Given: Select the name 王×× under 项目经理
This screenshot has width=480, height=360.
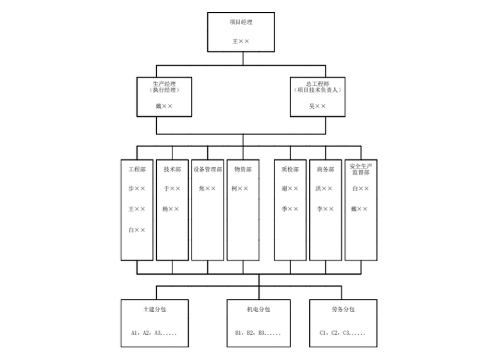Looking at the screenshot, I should click(241, 41).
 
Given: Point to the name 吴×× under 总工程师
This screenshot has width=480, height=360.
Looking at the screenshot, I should click(317, 106).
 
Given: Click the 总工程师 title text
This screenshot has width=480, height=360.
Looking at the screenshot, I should click(317, 83).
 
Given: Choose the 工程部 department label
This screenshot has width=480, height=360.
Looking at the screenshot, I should click(137, 169).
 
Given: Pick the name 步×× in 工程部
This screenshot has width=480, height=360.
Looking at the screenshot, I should click(137, 188).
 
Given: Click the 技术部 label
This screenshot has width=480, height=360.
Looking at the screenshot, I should click(172, 169).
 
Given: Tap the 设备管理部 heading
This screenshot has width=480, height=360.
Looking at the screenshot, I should click(208, 169).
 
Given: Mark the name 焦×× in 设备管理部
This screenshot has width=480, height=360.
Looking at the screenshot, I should click(207, 188).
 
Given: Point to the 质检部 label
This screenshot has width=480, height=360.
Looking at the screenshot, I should click(290, 169).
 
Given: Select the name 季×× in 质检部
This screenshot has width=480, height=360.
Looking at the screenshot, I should click(290, 208).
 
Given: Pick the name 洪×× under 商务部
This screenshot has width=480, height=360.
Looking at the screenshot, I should click(325, 188).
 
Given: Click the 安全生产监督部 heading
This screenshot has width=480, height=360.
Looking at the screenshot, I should click(360, 169).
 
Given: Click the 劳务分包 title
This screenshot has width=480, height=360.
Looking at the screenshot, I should click(343, 309).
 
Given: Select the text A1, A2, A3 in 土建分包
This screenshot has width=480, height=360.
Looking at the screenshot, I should click(154, 332).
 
